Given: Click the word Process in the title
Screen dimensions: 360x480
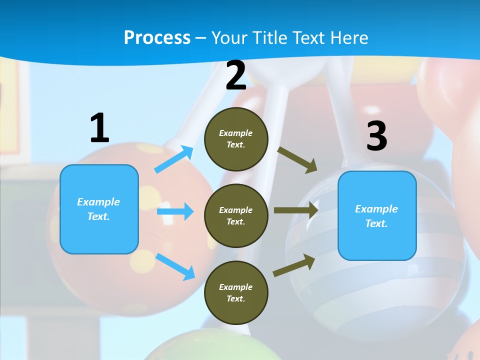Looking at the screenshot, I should click(157, 38).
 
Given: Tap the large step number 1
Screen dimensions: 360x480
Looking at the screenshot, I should click(99, 128).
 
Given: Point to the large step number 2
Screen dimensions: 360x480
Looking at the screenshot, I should click(236, 76).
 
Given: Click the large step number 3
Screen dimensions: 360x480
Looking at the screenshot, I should click(376, 136).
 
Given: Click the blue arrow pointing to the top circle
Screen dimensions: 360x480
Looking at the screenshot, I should click(174, 159).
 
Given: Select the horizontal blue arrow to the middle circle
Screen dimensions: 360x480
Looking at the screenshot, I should click(175, 211).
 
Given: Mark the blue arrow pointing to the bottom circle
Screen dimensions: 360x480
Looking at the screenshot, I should click(175, 266).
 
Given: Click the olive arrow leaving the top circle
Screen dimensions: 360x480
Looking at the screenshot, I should click(297, 160).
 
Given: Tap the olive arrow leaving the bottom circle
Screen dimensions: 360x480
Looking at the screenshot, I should click(294, 265).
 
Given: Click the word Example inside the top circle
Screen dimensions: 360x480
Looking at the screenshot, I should click(236, 133).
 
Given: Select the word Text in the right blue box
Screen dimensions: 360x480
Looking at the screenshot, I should click(376, 223).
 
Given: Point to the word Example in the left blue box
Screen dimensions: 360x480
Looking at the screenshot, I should click(98, 202).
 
